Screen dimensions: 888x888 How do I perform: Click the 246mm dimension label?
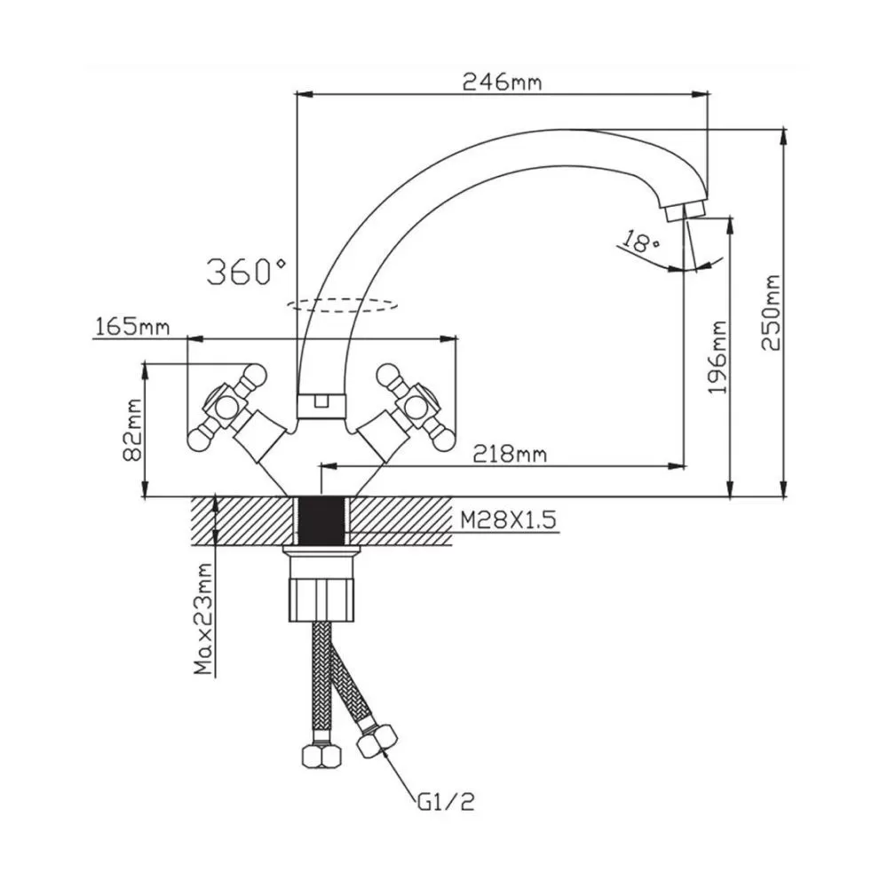502,82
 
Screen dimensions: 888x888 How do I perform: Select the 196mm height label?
718,357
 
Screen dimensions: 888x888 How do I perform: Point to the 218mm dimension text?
510,454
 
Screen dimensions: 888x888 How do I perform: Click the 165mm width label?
132,327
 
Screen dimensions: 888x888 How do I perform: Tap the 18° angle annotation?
641,241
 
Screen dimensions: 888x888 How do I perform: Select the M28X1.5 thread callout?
508,519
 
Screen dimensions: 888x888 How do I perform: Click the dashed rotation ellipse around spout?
342,305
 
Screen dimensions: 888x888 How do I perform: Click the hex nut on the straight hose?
322,756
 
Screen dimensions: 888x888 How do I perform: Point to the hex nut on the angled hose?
377,741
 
